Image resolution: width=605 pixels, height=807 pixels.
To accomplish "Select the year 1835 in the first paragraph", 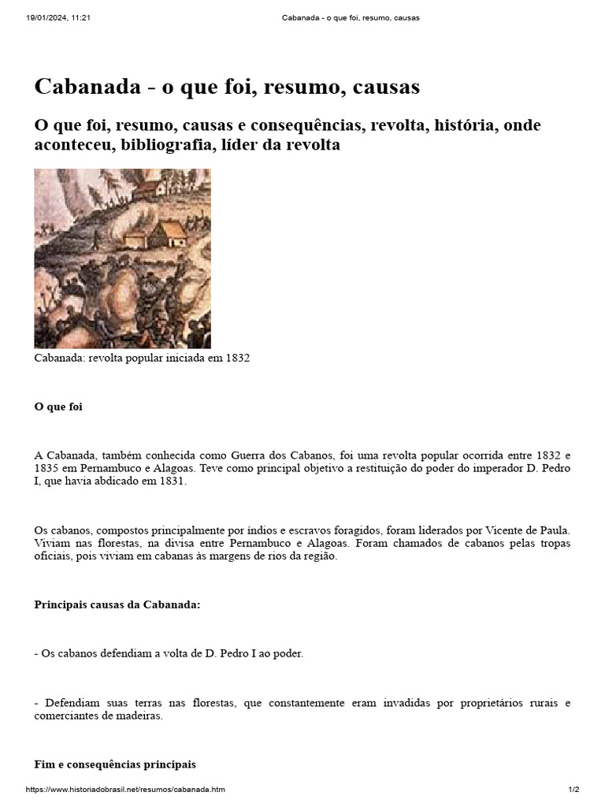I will tap(49, 468).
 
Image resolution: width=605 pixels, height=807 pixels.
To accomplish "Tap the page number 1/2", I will tap(573, 790).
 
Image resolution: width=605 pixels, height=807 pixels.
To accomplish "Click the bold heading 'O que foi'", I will tap(58, 407).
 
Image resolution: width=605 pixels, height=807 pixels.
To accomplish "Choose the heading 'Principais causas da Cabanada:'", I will tap(117, 604).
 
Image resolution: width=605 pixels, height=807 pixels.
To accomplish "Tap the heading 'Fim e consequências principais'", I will tap(115, 764).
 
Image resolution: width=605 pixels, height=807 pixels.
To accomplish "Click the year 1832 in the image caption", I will tap(236, 358).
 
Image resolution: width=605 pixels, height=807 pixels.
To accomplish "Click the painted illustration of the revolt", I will tap(122, 258).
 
